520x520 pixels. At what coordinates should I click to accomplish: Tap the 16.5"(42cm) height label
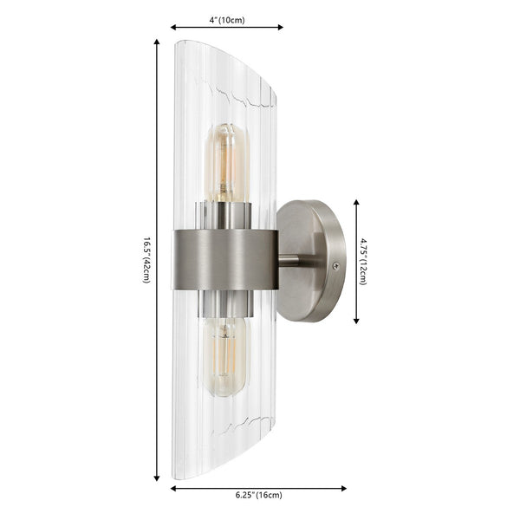pos(146,259)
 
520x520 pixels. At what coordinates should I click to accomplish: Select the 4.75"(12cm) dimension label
pos(364,261)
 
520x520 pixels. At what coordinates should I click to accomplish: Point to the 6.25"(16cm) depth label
pos(257,496)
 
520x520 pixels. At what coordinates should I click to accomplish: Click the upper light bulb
pos(225,162)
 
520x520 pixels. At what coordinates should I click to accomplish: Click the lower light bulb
pos(224,355)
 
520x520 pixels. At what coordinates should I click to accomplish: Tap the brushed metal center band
pos(225,259)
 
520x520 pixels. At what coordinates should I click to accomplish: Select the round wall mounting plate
pos(310,261)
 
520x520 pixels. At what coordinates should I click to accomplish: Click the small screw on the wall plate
pos(335,266)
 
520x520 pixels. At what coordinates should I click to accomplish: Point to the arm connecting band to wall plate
pos(289,259)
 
